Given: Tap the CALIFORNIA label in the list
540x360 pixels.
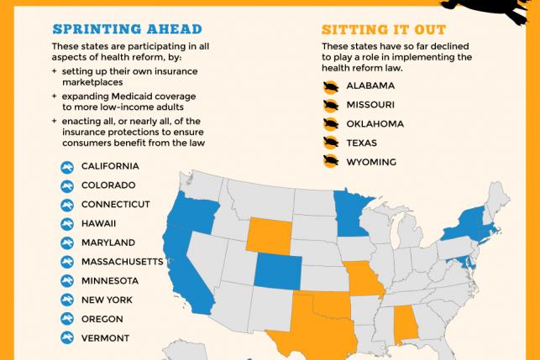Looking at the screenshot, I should click(x=110, y=166).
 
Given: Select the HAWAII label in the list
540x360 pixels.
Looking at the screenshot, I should click(x=98, y=223).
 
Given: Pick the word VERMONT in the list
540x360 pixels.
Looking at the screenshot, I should click(x=105, y=337).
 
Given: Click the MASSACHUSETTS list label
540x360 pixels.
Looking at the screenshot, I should click(x=122, y=262).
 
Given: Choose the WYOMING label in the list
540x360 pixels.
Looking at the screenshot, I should click(x=372, y=161).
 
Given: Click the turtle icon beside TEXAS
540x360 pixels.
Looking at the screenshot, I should click(x=331, y=143).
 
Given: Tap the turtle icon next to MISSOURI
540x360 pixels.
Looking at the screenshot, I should click(x=331, y=105).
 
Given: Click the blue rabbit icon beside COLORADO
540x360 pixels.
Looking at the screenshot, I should click(x=66, y=185).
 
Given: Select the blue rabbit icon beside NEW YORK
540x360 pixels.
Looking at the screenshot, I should click(x=66, y=300).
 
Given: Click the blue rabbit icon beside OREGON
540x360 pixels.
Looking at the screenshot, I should click(x=66, y=319).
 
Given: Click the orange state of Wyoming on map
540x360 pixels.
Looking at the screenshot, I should click(x=267, y=234).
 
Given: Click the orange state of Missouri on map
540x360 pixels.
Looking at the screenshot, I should click(x=366, y=281).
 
